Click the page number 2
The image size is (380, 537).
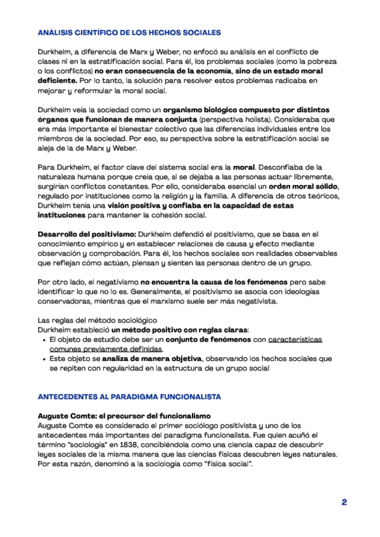[344, 502]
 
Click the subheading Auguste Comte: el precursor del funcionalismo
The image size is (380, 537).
[124, 415]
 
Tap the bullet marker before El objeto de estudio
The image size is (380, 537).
[42, 339]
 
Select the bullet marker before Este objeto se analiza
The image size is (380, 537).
[42, 358]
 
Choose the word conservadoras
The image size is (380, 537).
[65, 301]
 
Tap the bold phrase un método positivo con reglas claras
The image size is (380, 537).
[180, 330]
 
